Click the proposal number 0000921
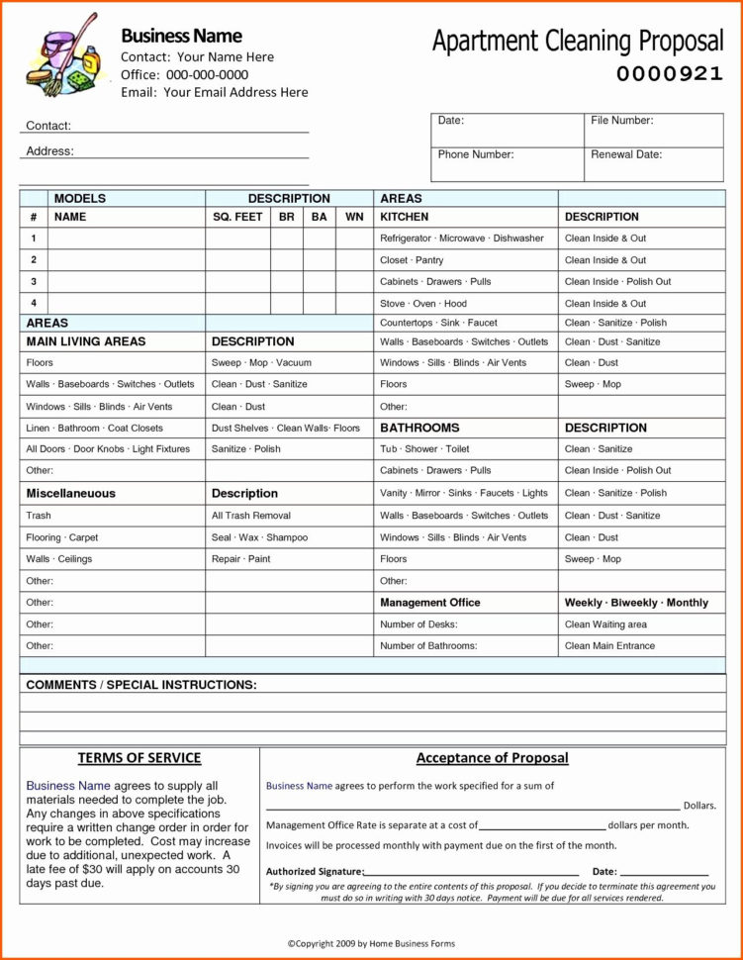670,74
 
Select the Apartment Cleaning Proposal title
578,42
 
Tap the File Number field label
621,121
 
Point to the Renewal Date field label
625,155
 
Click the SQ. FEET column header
237,217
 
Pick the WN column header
354,217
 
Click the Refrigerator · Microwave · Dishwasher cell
462,239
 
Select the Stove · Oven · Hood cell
423,304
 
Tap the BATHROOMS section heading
419,429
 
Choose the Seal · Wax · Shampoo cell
259,537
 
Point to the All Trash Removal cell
250,516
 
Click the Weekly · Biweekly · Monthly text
636,603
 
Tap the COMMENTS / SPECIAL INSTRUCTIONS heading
141,685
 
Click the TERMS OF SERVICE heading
139,758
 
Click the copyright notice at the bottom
371,945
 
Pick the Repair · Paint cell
240,559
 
